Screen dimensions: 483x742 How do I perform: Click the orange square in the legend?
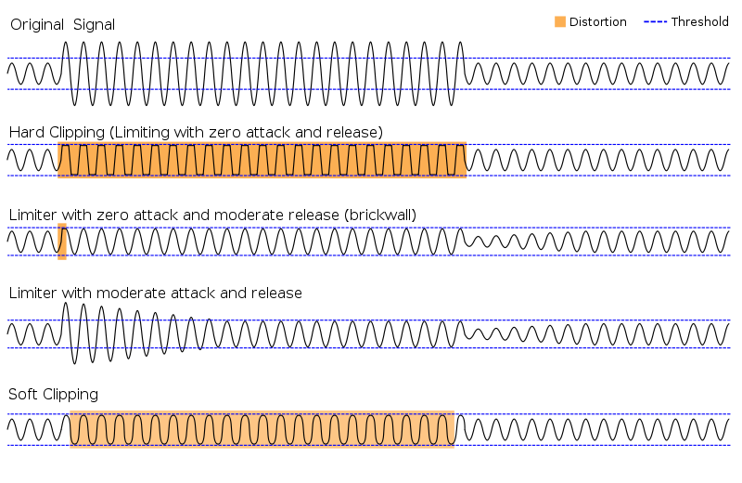click(x=560, y=21)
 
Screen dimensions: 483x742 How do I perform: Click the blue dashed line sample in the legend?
click(x=656, y=21)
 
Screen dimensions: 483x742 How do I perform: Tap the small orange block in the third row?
click(x=62, y=241)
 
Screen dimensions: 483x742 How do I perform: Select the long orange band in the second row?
click(x=262, y=160)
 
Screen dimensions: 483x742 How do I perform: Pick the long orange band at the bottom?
click(x=262, y=429)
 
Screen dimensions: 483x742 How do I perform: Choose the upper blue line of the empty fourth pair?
click(x=371, y=320)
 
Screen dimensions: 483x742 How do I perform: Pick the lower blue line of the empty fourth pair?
click(x=371, y=348)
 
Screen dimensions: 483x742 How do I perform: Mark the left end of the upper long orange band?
click(x=58, y=160)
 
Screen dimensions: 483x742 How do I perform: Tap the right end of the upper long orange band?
click(x=466, y=160)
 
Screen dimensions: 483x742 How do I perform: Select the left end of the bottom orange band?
click(x=70, y=429)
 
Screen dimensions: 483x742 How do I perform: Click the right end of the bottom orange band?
click(x=454, y=429)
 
